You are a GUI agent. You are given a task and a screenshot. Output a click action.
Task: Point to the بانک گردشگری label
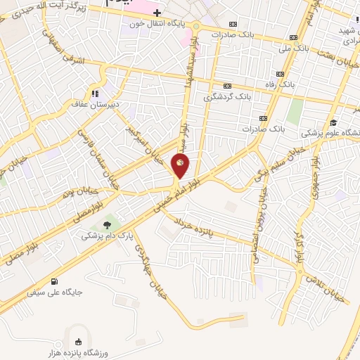pos(226,97)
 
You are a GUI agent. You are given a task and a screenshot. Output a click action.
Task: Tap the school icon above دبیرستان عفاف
pos(93,93)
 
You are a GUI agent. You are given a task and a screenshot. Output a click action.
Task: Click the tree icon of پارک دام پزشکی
pos(107,225)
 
